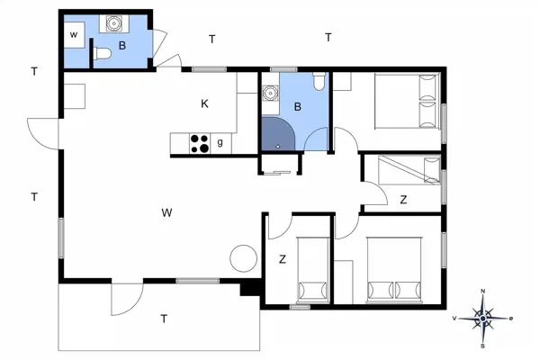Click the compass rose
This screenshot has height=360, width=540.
click(483, 317)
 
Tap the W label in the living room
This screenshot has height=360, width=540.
click(166, 213)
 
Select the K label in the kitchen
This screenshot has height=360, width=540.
click(205, 104)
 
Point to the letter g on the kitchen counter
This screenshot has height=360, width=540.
click(220, 143)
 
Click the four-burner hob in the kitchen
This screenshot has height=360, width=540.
click(199, 143)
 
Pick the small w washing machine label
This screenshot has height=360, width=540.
click(74, 35)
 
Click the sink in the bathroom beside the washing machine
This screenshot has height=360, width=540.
click(114, 23)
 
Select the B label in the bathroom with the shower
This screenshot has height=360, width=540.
click(298, 107)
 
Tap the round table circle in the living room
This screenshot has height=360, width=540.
click(244, 258)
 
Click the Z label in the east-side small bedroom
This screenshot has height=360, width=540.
click(403, 200)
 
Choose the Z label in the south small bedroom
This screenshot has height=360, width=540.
click(282, 259)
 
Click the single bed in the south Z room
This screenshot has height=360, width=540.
click(313, 271)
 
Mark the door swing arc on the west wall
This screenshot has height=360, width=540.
click(43, 132)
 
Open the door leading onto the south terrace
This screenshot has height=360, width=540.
click(127, 297)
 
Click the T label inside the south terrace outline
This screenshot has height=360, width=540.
click(164, 319)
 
